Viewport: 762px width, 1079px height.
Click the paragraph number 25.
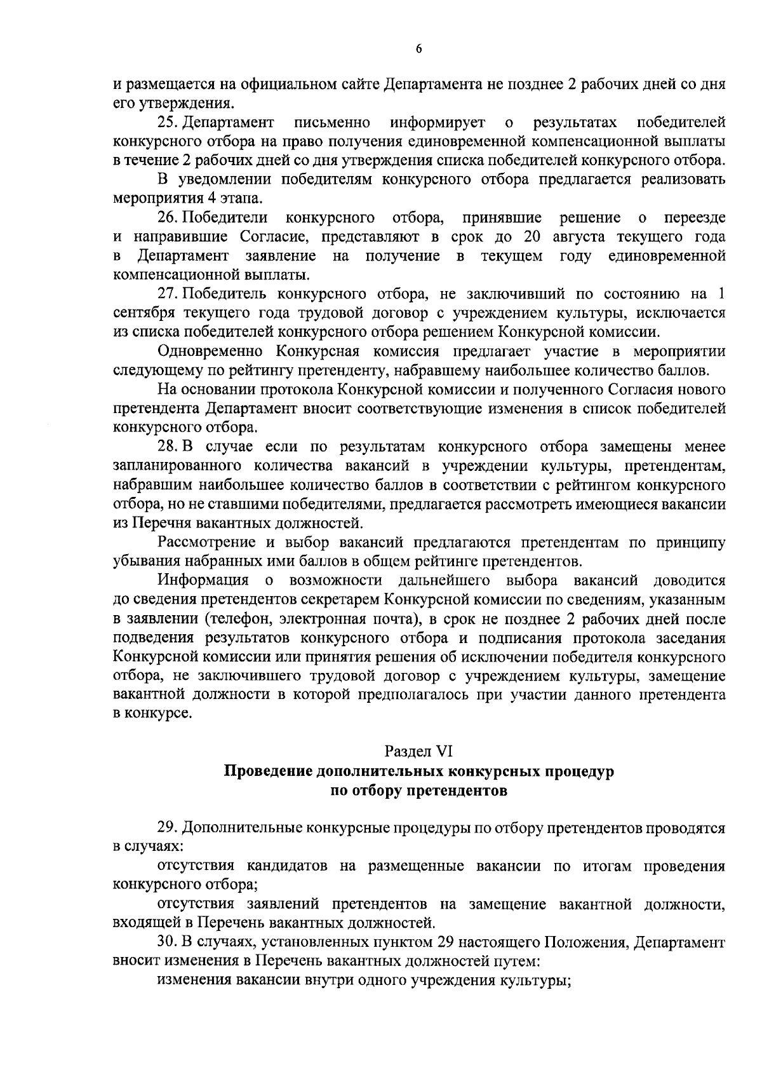click(x=168, y=121)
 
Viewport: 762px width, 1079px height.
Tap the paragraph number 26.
click(x=168, y=218)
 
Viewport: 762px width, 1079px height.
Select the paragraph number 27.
click(x=168, y=294)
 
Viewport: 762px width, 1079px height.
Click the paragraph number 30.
click(x=168, y=941)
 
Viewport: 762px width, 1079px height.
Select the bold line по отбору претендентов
click(x=419, y=791)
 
